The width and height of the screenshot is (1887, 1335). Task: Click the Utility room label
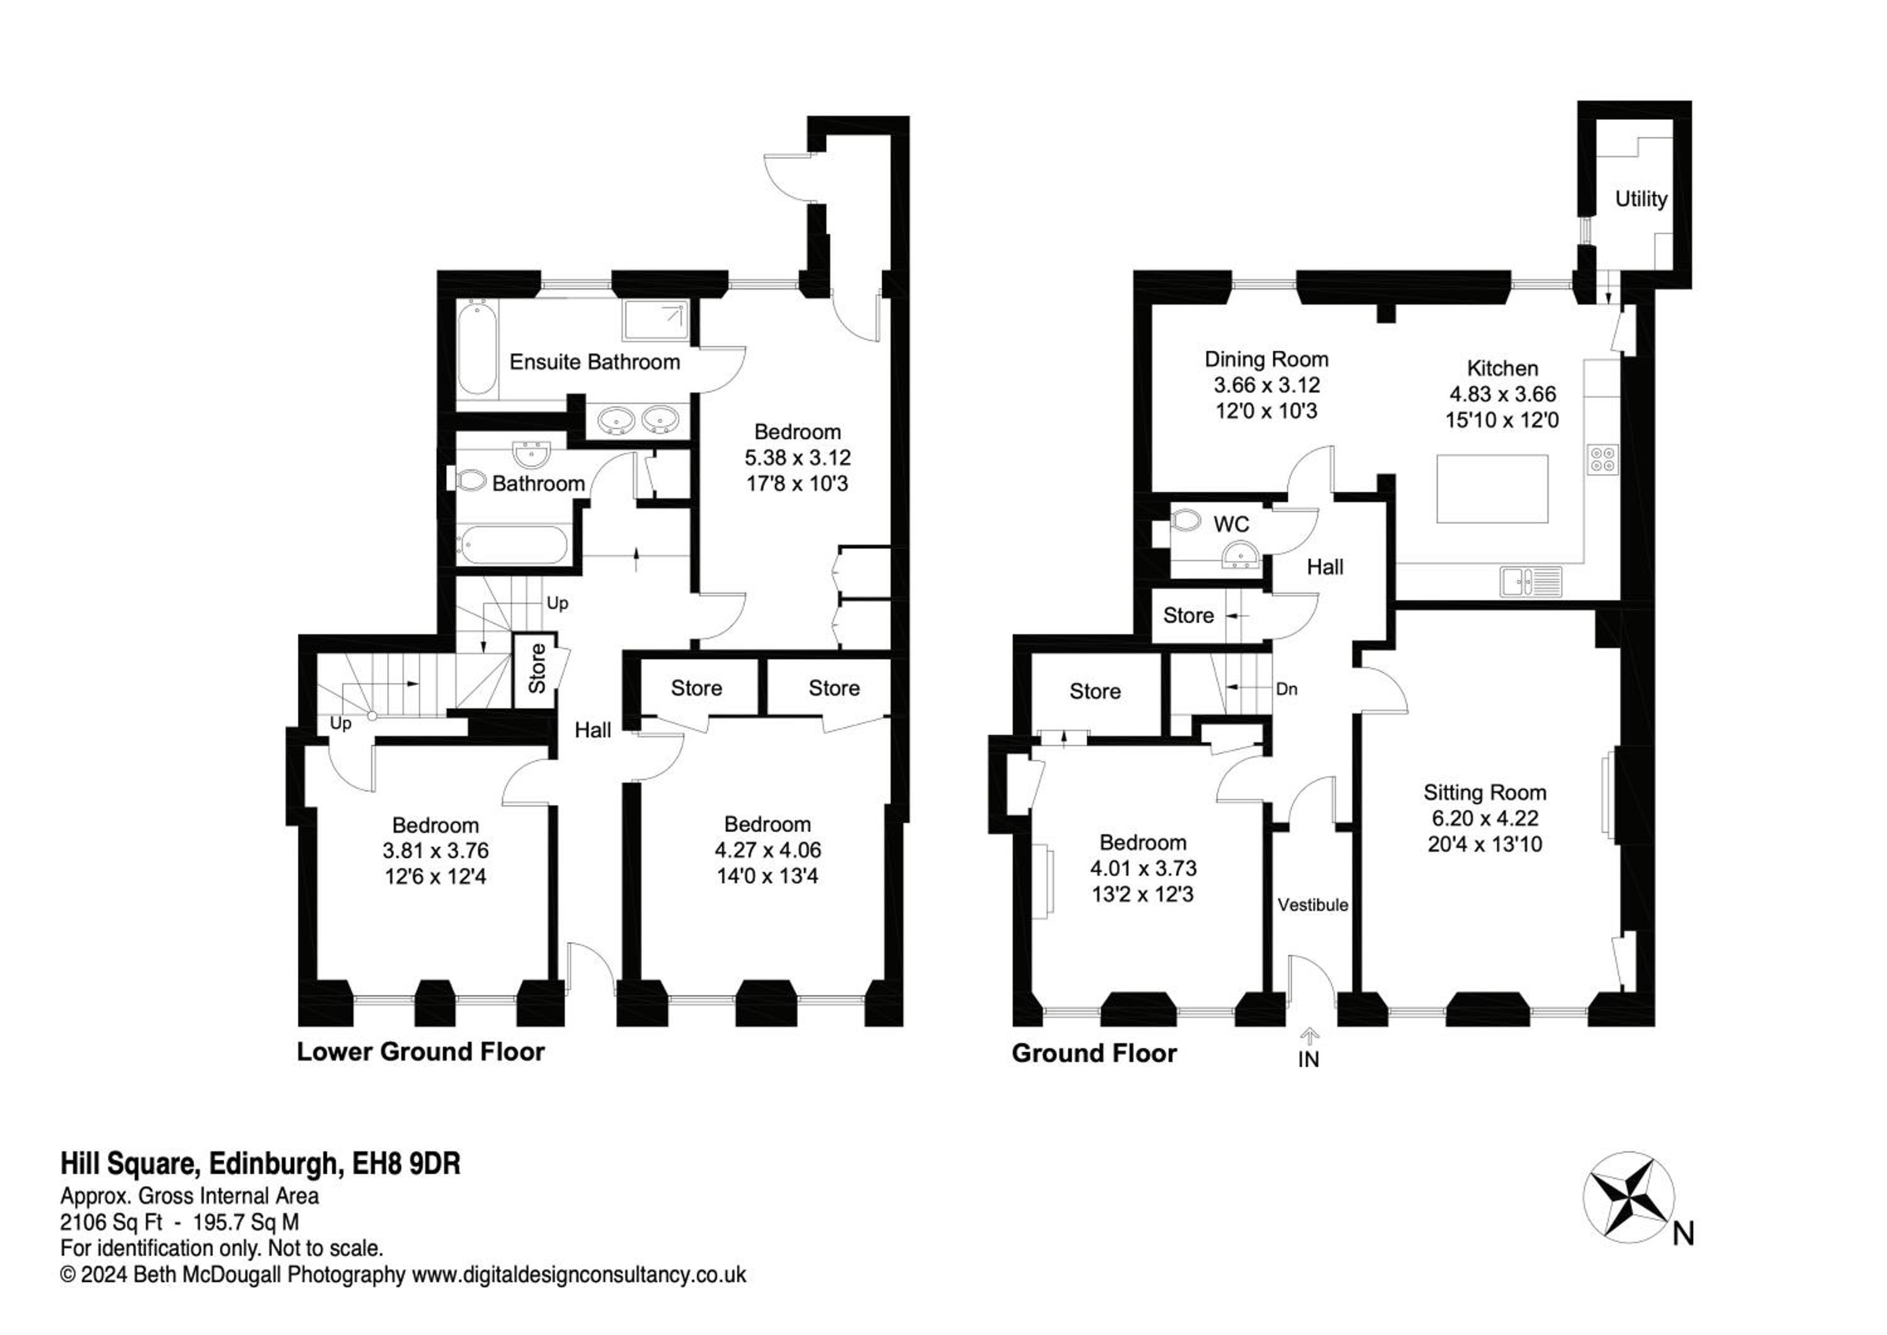[x=1640, y=199]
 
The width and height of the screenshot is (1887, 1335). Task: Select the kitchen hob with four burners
[x=1603, y=459]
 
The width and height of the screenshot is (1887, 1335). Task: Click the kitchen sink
[x=1530, y=581]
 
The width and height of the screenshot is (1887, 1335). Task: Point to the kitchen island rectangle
[x=1493, y=489]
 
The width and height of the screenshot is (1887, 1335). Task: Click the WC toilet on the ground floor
[x=1186, y=520]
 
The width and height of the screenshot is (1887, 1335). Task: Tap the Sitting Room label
[x=1484, y=793]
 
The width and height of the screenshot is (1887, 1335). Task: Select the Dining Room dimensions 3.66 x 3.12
[x=1267, y=385]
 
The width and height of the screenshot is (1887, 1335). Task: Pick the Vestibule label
[x=1313, y=905]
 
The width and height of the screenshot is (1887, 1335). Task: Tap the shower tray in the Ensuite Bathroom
[x=655, y=320]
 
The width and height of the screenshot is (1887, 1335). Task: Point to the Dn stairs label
[x=1287, y=689]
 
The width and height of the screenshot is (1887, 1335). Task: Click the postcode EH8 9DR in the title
[x=406, y=1164]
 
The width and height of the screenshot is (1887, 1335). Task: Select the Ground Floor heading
[x=1094, y=1053]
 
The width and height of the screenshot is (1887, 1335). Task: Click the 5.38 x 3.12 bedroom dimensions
[x=797, y=458]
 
